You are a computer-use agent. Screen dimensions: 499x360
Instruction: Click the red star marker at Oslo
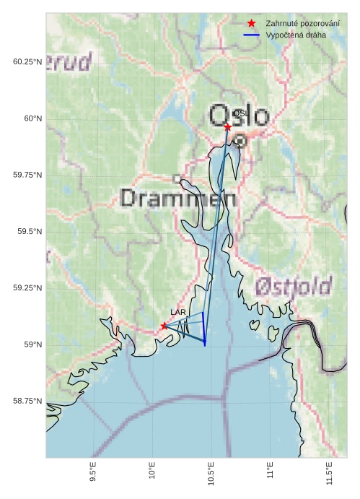pos(227,127)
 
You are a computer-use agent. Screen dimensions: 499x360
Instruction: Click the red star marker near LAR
pos(164,326)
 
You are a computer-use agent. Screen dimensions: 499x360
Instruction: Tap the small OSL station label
pos(240,113)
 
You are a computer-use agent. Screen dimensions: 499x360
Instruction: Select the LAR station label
pos(178,312)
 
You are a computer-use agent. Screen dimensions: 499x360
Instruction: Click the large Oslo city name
pos(239,116)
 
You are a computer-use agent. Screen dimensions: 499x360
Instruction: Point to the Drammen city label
pos(178,198)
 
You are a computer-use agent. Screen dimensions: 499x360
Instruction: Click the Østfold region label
pos(293,286)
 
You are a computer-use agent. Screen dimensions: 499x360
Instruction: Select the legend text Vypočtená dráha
pos(296,35)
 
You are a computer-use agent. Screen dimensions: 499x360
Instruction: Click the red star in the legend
pos(251,24)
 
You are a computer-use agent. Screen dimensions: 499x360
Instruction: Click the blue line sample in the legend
pos(251,35)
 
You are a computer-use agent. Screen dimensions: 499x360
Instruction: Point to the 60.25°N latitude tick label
pos(27,62)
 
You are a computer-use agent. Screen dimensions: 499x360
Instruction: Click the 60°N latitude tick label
pos(32,118)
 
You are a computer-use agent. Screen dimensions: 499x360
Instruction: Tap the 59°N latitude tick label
pos(32,344)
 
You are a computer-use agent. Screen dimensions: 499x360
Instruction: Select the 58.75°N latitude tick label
pos(27,401)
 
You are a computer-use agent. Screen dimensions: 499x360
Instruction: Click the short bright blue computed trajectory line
pos(203,329)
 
